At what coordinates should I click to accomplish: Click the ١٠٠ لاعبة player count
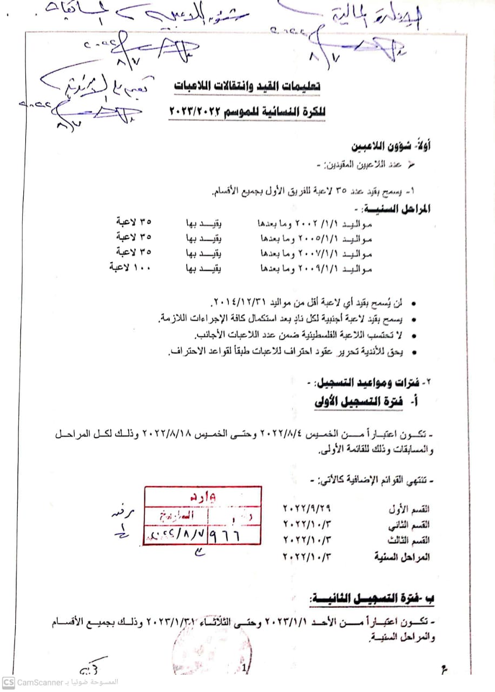[x=131, y=267]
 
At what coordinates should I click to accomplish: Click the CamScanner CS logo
[x=8, y=682]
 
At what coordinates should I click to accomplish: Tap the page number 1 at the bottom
[x=245, y=669]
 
